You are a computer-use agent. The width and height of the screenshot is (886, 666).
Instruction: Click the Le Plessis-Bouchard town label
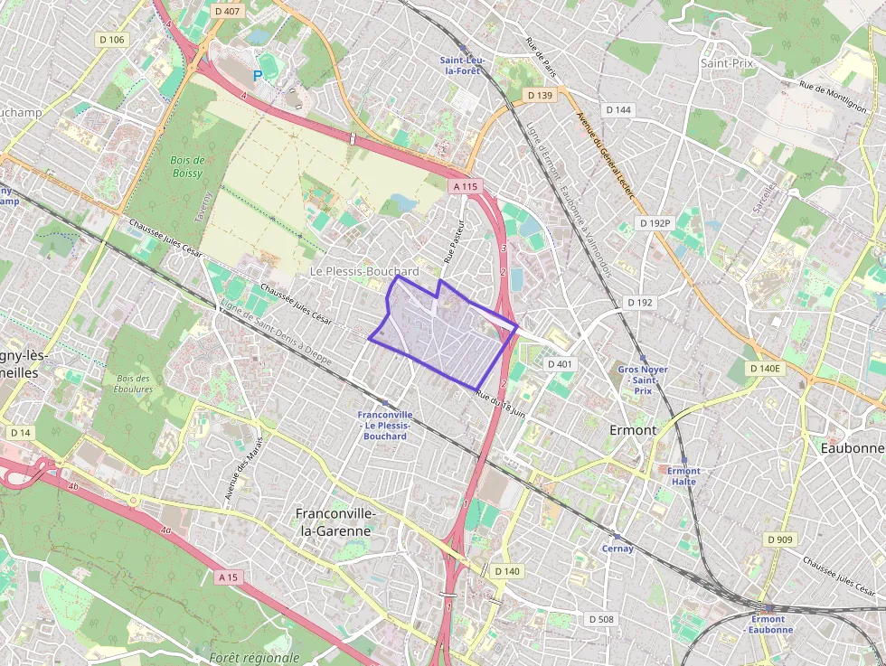click(364, 271)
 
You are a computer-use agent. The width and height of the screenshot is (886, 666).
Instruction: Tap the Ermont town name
click(633, 430)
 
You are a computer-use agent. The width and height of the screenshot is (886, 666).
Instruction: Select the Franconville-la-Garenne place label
click(335, 522)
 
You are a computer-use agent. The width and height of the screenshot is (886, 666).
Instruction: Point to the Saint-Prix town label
click(727, 63)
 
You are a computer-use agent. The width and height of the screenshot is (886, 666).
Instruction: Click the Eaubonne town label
click(851, 448)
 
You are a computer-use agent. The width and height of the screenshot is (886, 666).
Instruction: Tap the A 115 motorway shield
click(466, 186)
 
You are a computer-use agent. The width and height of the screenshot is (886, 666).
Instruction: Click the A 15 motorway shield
click(229, 576)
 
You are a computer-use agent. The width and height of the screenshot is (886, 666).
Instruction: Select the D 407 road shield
click(228, 11)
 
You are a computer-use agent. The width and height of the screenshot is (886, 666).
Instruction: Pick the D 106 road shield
click(112, 40)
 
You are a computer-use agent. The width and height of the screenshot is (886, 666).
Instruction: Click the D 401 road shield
click(560, 363)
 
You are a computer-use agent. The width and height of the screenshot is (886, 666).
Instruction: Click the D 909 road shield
click(779, 539)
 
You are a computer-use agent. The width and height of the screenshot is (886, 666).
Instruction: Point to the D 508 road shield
click(600, 619)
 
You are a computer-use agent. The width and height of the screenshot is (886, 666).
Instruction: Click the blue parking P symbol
click(259, 77)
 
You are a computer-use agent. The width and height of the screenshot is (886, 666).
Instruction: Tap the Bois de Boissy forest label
click(188, 167)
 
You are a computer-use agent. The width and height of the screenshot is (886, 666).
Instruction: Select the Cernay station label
click(617, 549)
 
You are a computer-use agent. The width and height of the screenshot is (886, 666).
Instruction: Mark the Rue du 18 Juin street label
click(500, 404)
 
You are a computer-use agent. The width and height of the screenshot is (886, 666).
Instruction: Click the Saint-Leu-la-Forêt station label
click(463, 65)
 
